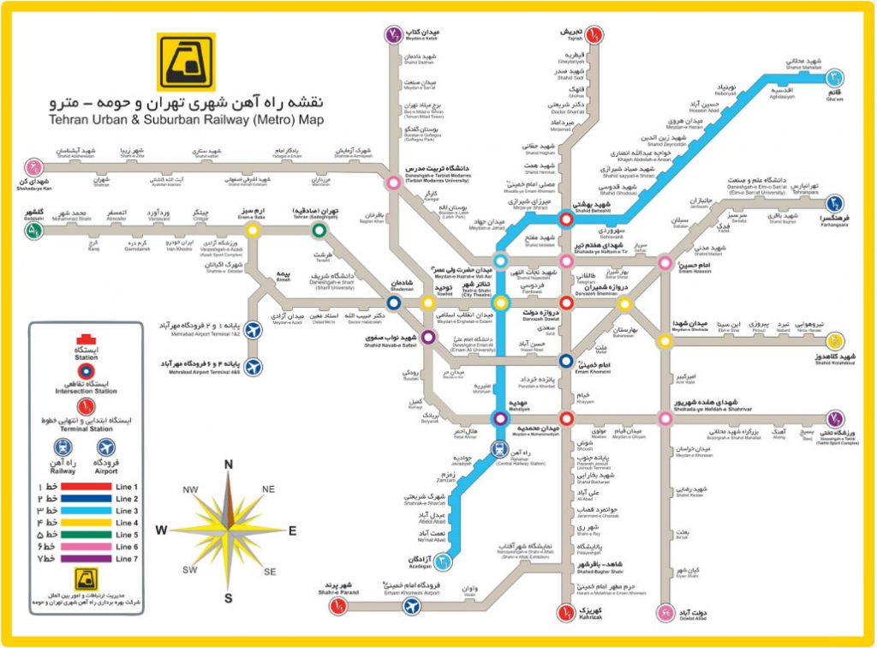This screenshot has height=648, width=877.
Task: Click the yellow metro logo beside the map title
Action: [x=180, y=62]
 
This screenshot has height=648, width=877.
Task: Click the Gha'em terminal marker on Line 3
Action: [x=834, y=78]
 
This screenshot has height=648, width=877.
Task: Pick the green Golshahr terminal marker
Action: [x=35, y=230]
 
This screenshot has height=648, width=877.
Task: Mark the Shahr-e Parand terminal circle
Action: [x=340, y=606]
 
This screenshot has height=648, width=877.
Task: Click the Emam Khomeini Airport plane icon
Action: [x=413, y=606]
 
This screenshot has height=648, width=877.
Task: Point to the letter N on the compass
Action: [x=229, y=465]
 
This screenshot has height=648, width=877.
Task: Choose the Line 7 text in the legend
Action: [x=127, y=559]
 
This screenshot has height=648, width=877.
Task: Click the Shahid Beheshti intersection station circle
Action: [x=566, y=219]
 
